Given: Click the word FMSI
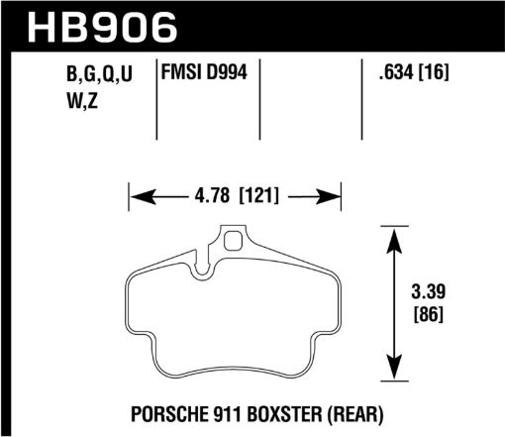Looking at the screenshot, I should point(182,72).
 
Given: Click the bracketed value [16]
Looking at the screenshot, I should point(437,72).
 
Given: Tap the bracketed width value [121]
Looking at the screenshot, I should point(260,196).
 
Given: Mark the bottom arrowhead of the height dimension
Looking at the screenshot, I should point(395,378).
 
